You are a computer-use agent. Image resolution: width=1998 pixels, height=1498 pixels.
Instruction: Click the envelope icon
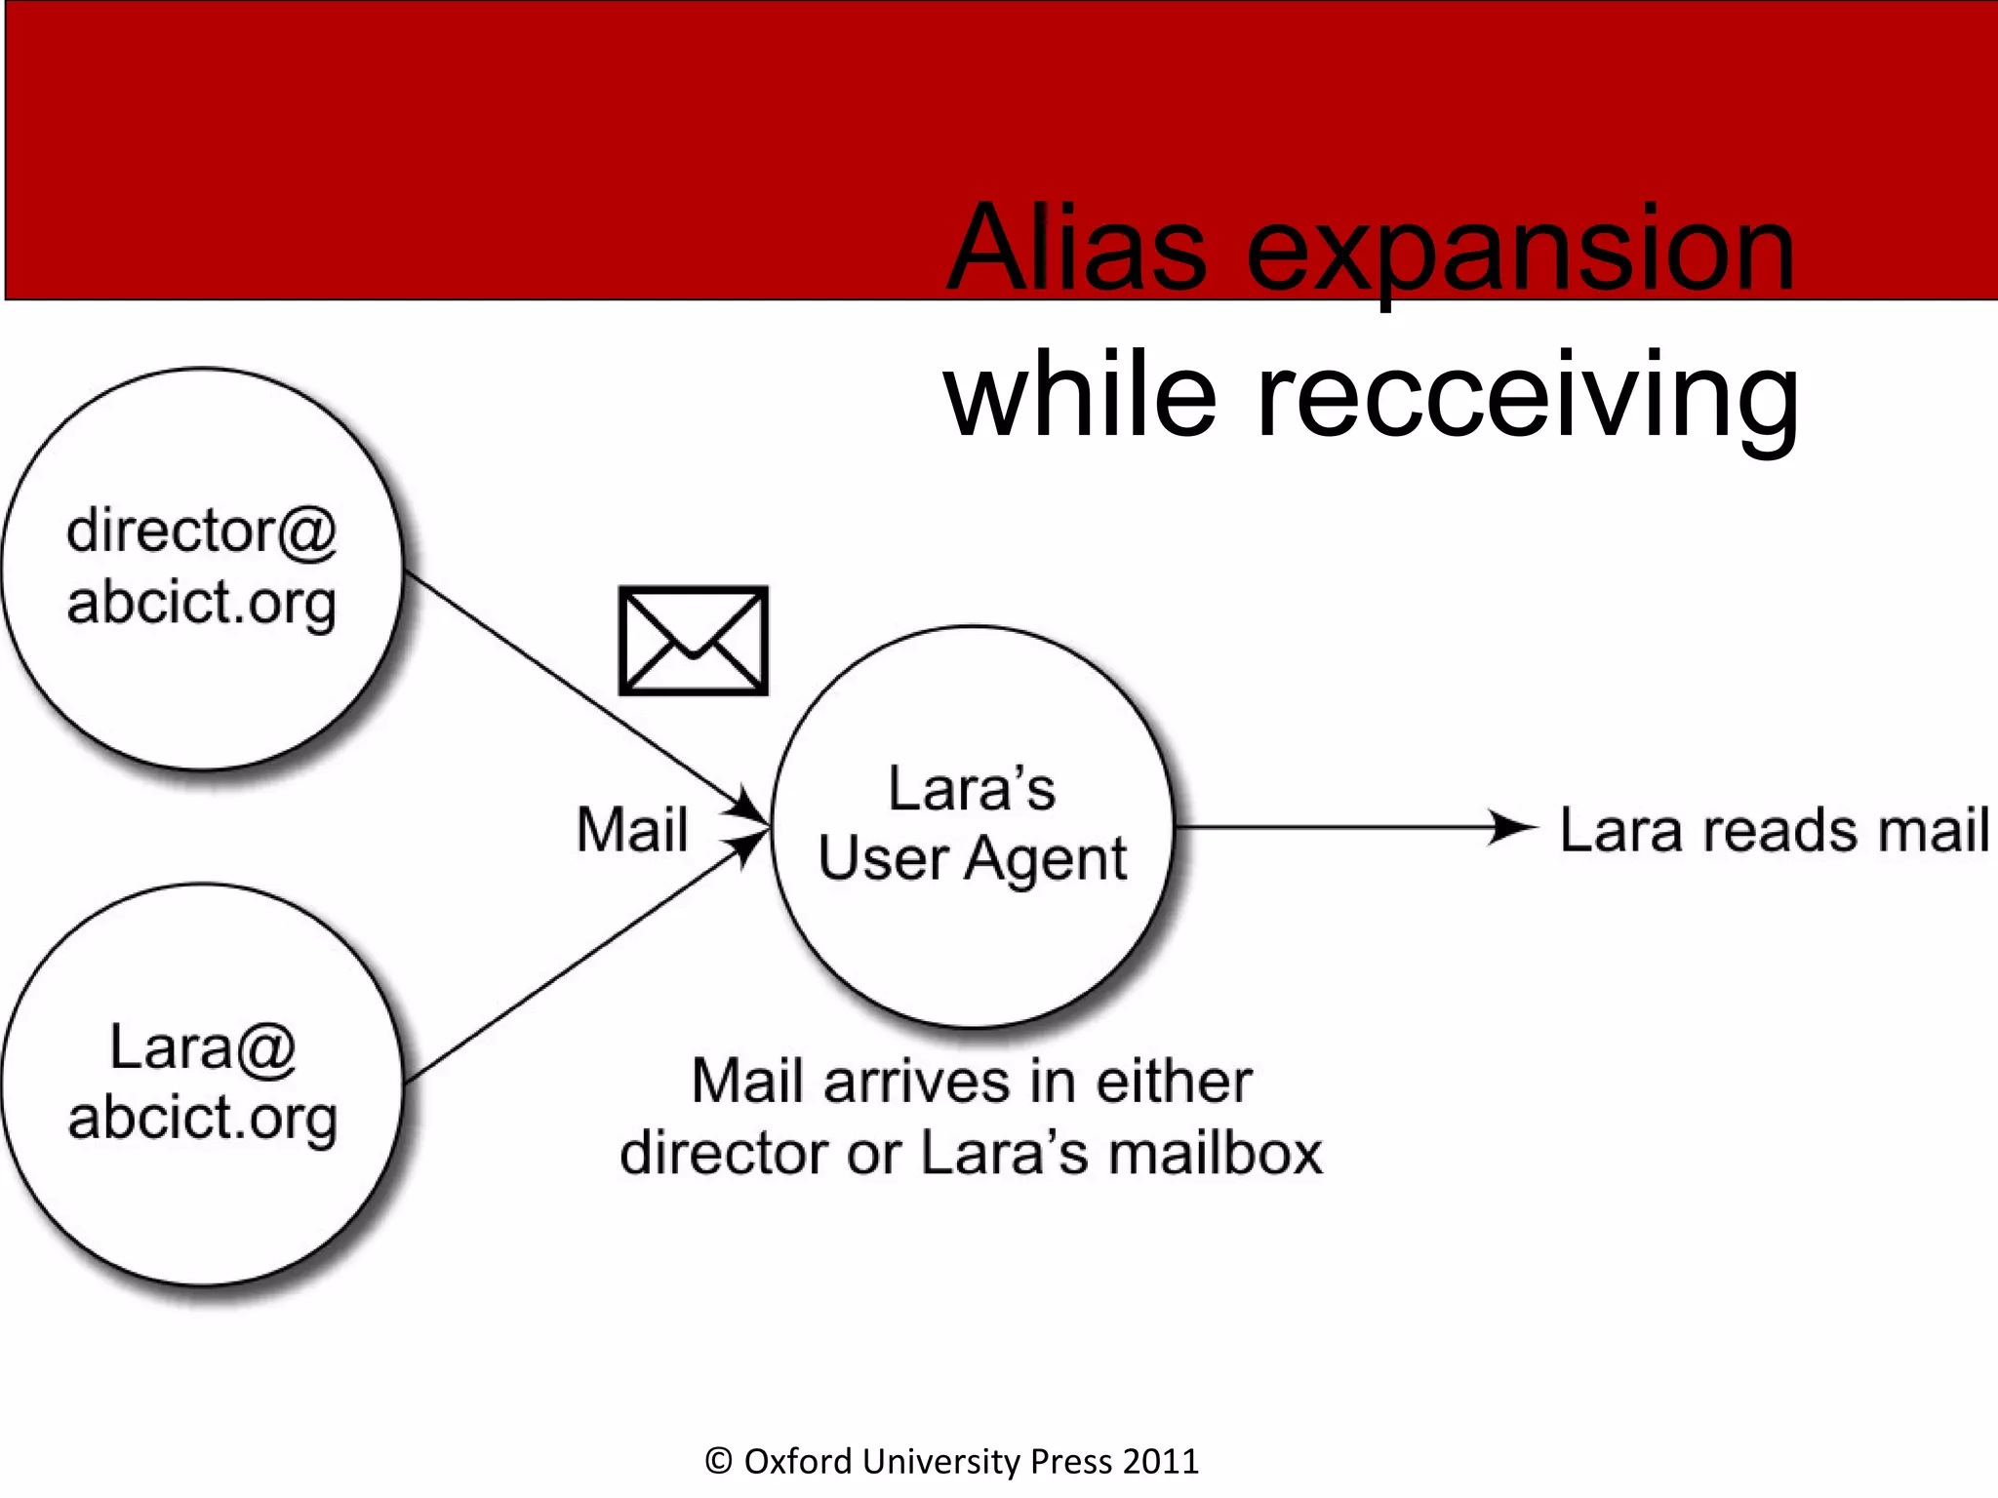tap(694, 641)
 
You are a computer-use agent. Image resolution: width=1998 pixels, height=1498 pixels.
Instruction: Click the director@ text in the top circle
tap(202, 532)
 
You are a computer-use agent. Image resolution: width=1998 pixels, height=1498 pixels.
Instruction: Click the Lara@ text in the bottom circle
tap(202, 1047)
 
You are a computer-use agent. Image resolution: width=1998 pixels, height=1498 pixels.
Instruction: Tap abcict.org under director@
tap(202, 603)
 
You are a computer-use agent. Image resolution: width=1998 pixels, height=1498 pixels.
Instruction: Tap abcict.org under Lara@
tap(202, 1118)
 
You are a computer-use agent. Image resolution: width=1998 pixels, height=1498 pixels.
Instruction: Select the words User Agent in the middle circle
tap(973, 859)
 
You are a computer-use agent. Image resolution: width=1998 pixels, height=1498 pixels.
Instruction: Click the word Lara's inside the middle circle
tap(972, 788)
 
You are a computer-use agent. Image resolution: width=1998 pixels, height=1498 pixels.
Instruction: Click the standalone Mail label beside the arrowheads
tap(632, 830)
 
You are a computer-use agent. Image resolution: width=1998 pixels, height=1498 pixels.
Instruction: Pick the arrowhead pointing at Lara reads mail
tap(1512, 828)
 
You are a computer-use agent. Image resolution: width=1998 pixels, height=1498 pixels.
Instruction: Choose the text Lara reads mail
tap(1774, 831)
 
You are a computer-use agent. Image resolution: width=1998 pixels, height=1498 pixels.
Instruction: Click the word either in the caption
tap(1174, 1083)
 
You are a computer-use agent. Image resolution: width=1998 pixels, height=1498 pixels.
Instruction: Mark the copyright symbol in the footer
tap(719, 1461)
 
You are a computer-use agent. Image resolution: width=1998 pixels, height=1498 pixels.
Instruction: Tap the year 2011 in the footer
tap(1160, 1461)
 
